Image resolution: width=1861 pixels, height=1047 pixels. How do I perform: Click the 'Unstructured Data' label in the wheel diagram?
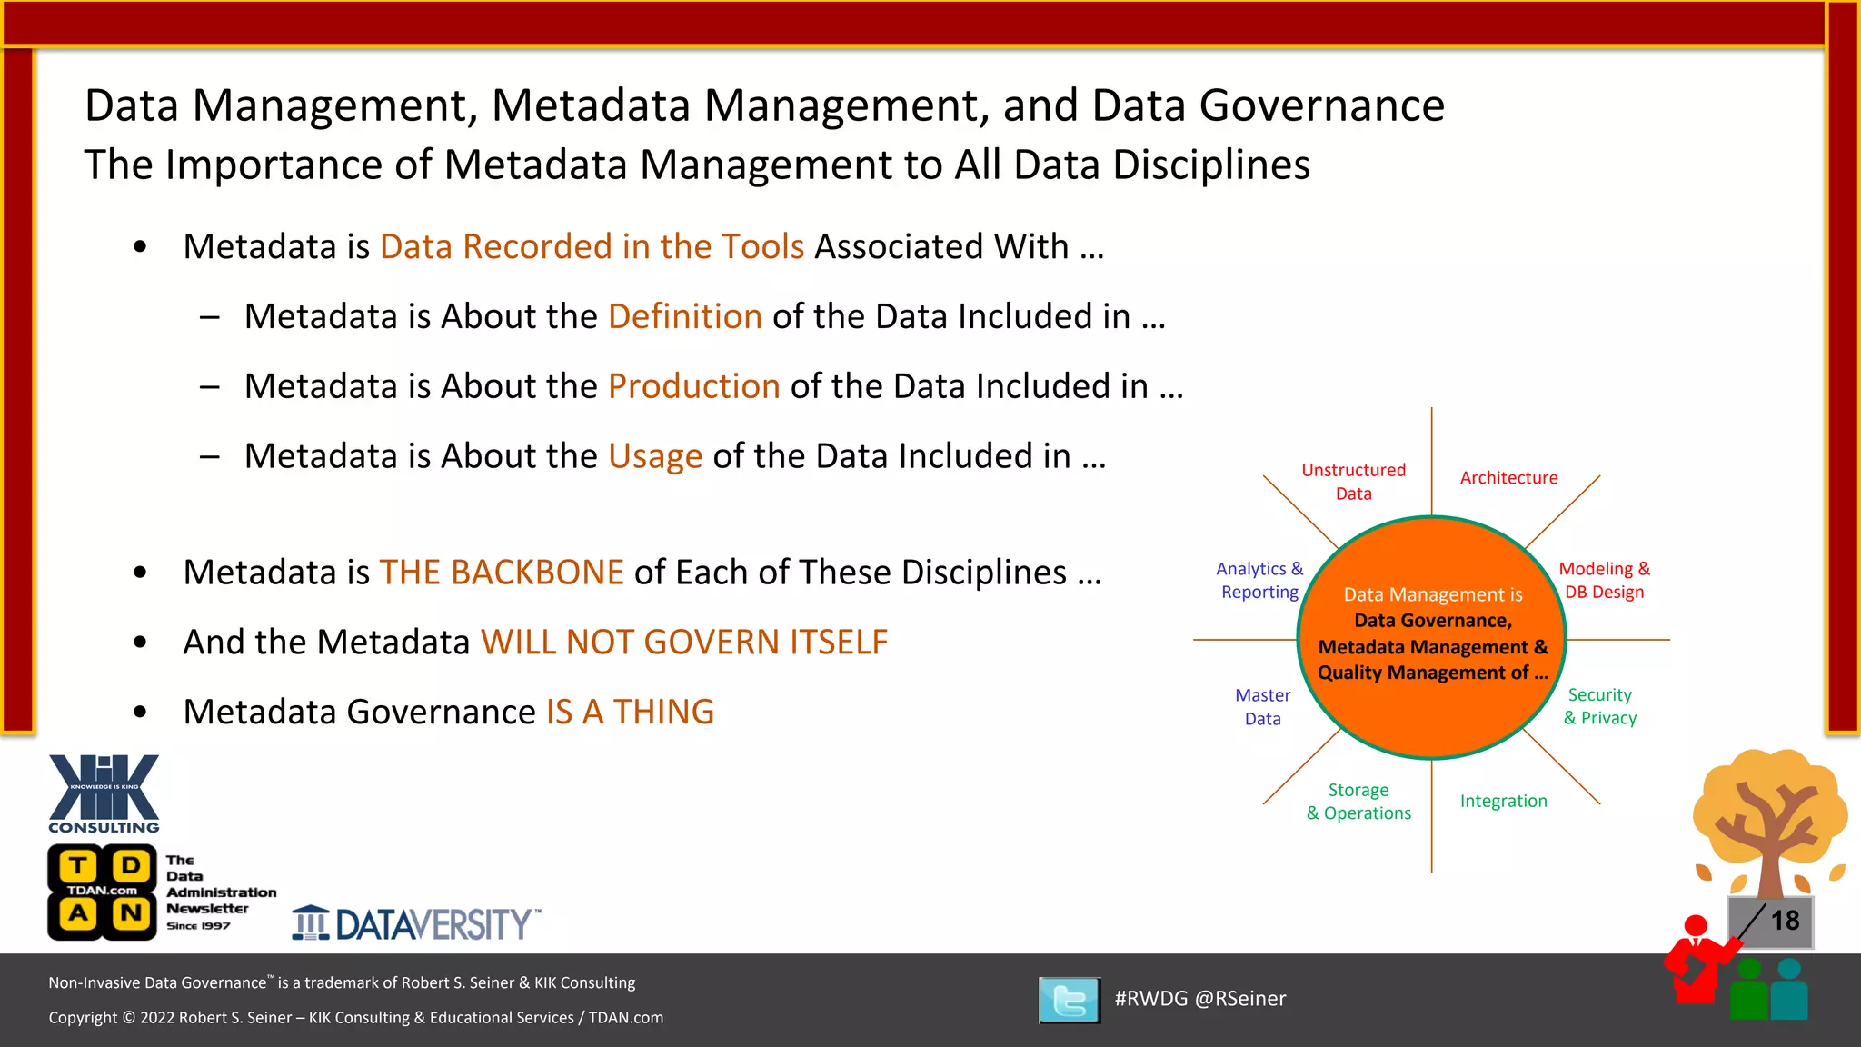coord(1353,482)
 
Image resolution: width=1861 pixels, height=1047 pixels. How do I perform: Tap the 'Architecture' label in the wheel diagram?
coord(1508,478)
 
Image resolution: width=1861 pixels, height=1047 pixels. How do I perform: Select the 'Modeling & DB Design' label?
coord(1604,580)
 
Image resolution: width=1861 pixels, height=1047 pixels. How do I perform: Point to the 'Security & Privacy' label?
coord(1599,706)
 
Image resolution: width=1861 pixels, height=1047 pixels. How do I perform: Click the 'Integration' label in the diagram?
coord(1503,801)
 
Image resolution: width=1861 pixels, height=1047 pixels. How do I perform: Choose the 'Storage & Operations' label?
coord(1358,802)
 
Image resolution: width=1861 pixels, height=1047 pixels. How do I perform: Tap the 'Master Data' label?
coord(1262,707)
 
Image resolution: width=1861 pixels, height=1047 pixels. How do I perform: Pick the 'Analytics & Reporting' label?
coord(1259,580)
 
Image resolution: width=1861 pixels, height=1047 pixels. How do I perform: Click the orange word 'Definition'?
coord(684,316)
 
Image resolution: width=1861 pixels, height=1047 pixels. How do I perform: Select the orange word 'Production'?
coord(693,386)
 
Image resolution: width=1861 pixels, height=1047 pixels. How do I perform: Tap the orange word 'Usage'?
coord(654,456)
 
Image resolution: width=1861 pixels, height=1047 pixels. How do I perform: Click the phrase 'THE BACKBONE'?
coord(501,573)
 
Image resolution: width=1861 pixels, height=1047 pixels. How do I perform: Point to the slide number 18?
coord(1785,921)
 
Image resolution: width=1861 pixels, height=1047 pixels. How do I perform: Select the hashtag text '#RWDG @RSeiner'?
coord(1199,999)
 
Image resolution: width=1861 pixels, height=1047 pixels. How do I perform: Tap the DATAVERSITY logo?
coord(416,923)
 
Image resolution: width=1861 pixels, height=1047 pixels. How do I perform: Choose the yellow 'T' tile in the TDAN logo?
coord(79,864)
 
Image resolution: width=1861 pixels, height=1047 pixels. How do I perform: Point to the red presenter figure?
coord(1696,962)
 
